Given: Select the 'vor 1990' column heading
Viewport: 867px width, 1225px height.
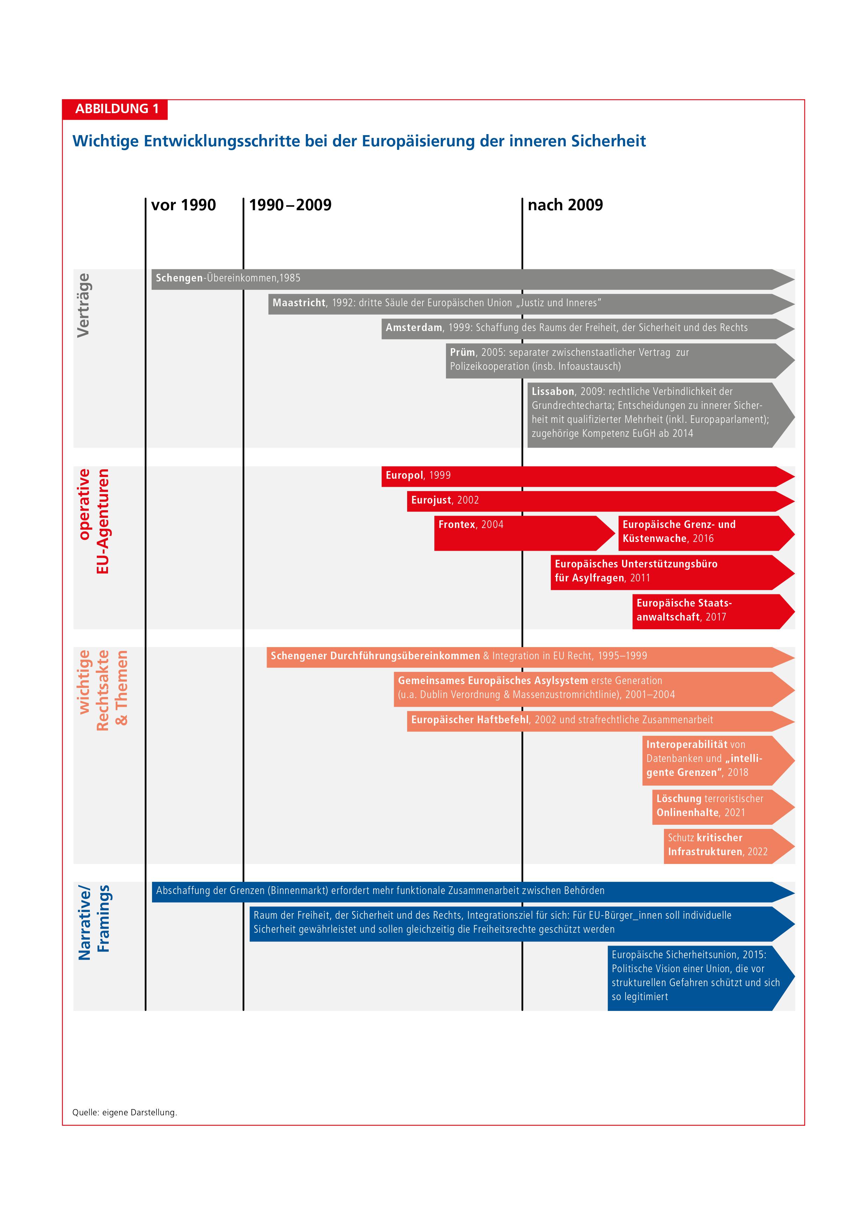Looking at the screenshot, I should click(183, 205).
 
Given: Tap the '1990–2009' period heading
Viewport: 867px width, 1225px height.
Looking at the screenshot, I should click(290, 205).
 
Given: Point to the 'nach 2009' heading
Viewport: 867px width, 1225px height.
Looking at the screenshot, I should click(565, 205).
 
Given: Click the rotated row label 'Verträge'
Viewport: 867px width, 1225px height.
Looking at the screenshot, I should click(83, 305).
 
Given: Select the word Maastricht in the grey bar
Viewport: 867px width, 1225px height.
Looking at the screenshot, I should click(299, 303).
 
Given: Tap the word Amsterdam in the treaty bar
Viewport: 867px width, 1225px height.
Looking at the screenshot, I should click(414, 328).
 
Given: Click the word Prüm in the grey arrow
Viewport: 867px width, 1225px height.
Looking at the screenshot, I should click(462, 353).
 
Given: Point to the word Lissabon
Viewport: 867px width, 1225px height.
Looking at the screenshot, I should click(552, 391).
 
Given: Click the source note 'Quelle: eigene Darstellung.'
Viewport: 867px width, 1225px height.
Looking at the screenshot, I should click(124, 1113).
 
